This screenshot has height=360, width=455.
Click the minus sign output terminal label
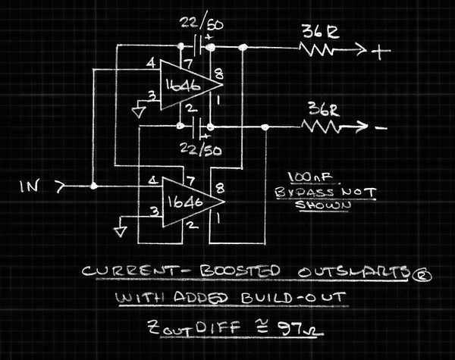coord(381,127)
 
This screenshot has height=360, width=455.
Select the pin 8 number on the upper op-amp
coord(220,74)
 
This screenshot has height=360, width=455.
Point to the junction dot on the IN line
coord(93,186)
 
